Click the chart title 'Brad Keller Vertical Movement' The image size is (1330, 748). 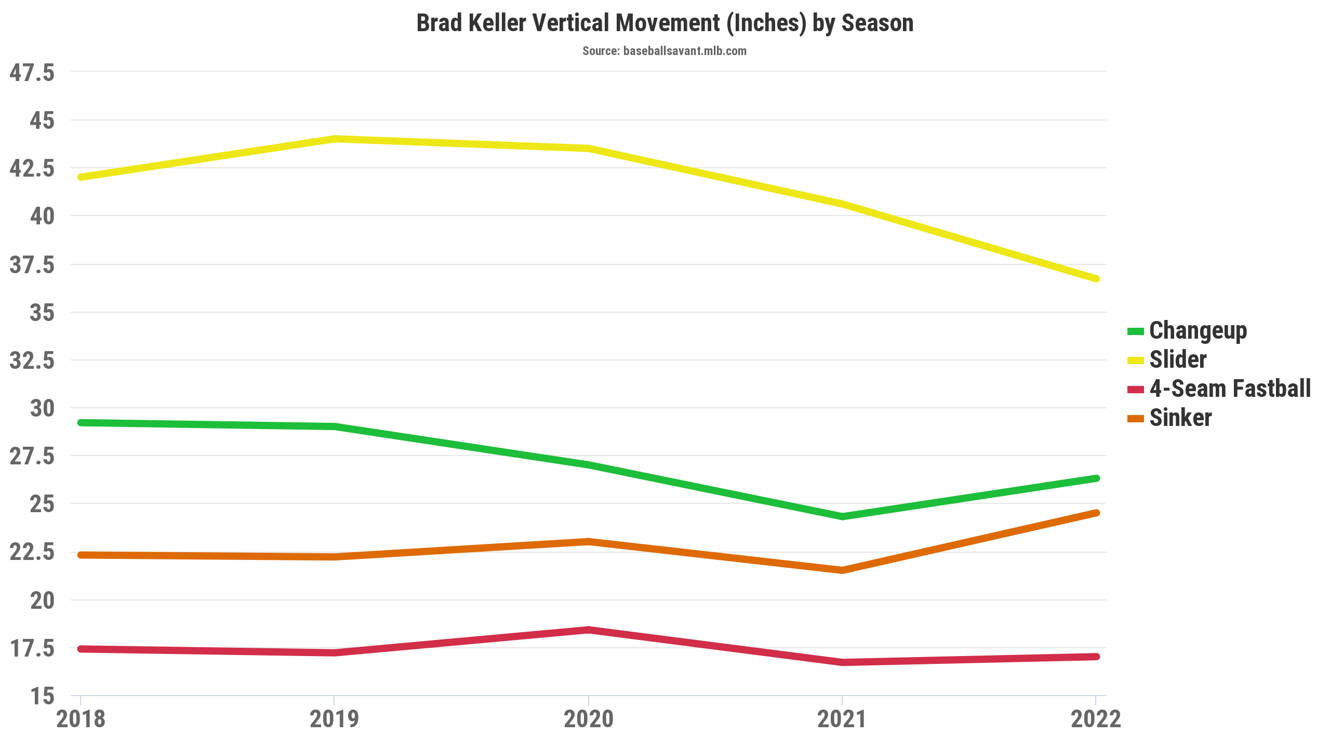pos(664,23)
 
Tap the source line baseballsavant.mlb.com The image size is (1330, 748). pos(664,51)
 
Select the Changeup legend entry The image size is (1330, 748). pos(1198,331)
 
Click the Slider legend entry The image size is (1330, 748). pos(1177,360)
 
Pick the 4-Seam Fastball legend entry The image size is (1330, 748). pos(1229,389)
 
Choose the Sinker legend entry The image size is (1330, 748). pos(1180,418)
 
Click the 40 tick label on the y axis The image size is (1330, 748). pos(42,216)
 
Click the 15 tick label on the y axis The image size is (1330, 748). pos(42,696)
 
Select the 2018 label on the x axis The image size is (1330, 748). pos(81,719)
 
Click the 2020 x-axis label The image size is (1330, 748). pos(588,719)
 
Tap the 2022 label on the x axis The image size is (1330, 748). pos(1096,719)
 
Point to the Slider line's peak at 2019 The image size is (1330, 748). pos(335,139)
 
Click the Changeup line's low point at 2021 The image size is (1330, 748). pos(842,516)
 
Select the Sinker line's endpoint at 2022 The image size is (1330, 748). pos(1096,513)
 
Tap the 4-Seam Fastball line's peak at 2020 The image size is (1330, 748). pos(589,630)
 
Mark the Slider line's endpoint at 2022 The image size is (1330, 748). pos(1096,279)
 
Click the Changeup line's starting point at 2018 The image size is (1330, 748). pos(81,423)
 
